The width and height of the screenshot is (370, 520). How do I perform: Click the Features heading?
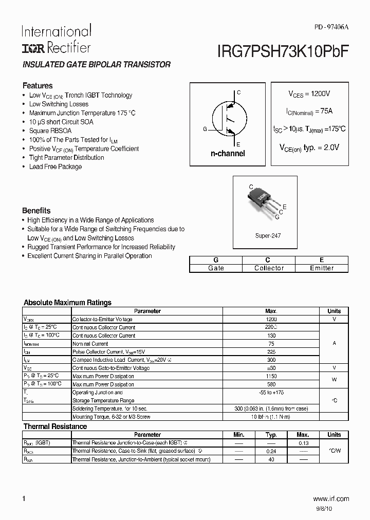(37, 86)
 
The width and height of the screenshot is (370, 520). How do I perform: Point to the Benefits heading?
(36, 211)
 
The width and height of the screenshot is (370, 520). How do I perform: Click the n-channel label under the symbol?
(228, 154)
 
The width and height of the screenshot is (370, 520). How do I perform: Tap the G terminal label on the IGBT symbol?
(205, 129)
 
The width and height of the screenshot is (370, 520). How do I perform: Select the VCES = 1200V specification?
(309, 95)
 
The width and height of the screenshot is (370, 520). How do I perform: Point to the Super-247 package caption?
(268, 236)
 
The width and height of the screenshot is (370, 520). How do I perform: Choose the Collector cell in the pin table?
(269, 268)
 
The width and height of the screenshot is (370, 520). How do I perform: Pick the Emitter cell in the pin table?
(322, 268)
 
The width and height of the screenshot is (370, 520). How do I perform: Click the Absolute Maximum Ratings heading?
(67, 303)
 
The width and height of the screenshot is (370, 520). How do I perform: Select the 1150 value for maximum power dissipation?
(271, 377)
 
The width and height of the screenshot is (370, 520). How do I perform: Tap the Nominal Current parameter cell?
(90, 344)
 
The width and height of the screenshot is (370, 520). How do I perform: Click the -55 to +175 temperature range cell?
(271, 393)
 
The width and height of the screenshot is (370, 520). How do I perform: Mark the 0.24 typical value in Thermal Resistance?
(271, 451)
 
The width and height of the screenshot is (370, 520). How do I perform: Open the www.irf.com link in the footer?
(330, 498)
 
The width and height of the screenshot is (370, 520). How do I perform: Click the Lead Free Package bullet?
(55, 166)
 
